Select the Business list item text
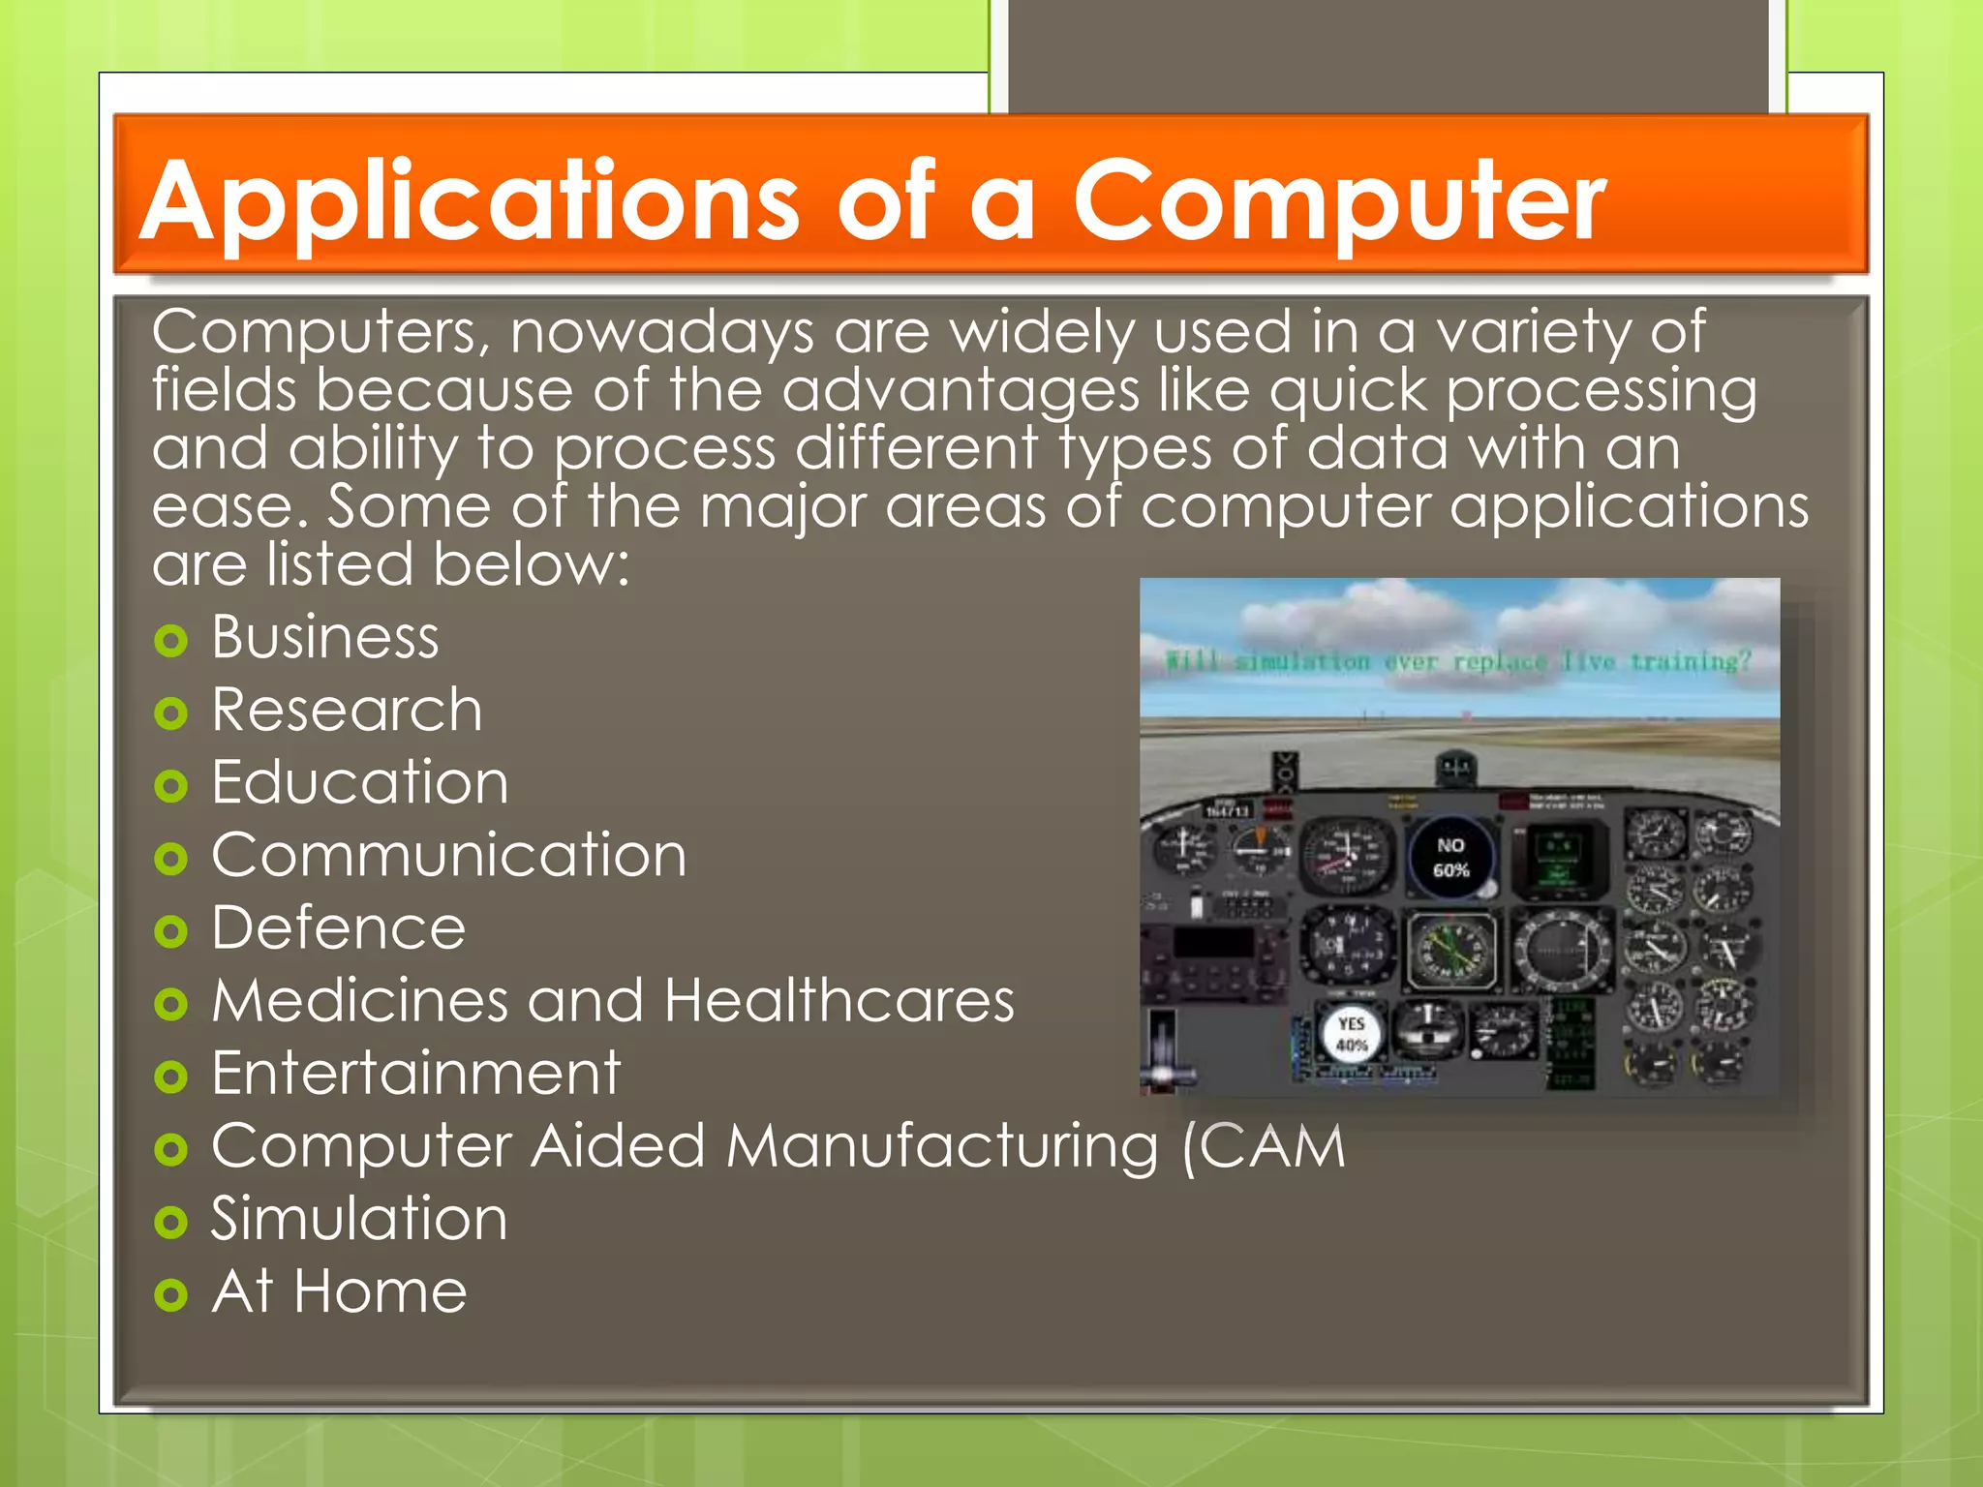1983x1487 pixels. tap(325, 638)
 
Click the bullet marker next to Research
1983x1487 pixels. tap(170, 714)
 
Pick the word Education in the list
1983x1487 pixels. tap(359, 783)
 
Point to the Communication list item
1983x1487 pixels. tap(448, 856)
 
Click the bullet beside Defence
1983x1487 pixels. tap(170, 932)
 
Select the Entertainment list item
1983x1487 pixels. tap(415, 1074)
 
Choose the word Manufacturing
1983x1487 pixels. tap(941, 1146)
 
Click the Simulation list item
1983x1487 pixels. tap(359, 1219)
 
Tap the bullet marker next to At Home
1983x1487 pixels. tap(170, 1295)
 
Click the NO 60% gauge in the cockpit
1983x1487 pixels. tap(1450, 858)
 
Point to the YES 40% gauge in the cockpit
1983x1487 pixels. tap(1351, 1034)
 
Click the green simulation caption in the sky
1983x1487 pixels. tap(1458, 662)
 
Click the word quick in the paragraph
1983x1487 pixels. tap(1347, 391)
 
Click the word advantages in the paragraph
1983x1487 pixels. tap(960, 391)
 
